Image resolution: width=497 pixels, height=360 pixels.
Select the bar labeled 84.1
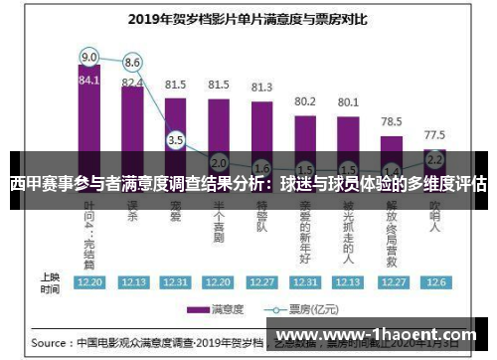pos(89,109)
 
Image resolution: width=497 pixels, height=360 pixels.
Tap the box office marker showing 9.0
pos(89,56)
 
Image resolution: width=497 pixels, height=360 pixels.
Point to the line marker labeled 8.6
pos(132,63)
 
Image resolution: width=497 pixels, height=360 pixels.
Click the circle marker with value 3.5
pos(176,140)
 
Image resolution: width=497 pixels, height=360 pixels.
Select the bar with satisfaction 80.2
pos(305,129)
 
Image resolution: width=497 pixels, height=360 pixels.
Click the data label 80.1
pos(348,101)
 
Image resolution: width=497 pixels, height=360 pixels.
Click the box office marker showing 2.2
pos(434,158)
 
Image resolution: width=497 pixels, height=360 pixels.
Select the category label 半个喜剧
pos(219,219)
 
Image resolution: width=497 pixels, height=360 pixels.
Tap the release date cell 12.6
pos(434,282)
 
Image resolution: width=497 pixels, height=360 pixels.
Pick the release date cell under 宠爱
pos(176,282)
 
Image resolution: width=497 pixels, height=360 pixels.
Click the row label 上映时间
pos(50,282)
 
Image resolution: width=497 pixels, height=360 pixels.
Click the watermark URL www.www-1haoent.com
pos(388,335)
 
